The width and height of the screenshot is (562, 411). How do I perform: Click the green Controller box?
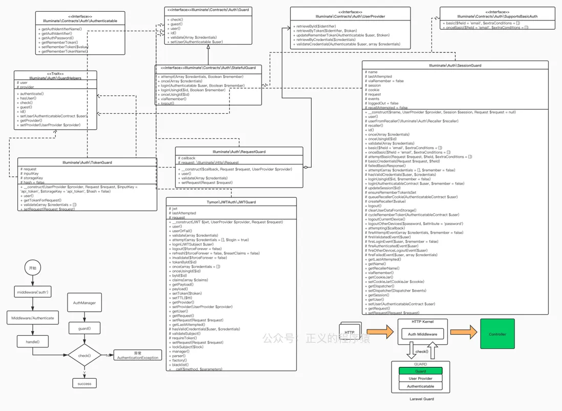[497, 334]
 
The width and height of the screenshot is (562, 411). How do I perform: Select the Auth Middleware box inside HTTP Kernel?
[422, 334]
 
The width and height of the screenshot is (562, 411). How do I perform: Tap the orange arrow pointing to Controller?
[463, 333]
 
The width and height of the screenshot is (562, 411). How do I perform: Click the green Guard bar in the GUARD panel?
[420, 371]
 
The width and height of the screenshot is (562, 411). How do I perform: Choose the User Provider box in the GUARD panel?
[420, 379]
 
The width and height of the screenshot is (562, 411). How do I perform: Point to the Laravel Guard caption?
[422, 399]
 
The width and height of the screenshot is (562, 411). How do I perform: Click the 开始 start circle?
[33, 268]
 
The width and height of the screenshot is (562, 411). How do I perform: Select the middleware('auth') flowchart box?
[33, 292]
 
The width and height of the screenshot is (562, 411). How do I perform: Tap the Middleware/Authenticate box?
[33, 318]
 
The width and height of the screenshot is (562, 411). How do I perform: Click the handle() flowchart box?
[33, 341]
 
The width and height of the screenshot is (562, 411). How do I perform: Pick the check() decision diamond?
[84, 355]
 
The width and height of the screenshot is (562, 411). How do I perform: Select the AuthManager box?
[84, 303]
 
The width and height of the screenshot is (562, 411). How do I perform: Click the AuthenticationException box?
[138, 356]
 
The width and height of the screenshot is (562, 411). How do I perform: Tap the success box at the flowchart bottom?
[84, 383]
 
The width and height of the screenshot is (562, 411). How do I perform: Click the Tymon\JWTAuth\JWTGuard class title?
[231, 202]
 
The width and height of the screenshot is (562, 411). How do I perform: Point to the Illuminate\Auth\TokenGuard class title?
[87, 162]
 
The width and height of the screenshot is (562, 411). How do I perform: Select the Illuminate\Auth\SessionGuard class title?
[455, 66]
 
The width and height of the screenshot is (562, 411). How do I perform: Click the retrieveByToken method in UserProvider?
[326, 31]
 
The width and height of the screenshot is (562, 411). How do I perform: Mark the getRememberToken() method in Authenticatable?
[59, 43]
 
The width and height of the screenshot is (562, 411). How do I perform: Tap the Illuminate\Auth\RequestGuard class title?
[239, 152]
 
